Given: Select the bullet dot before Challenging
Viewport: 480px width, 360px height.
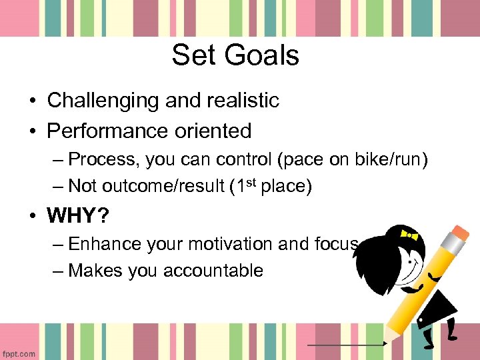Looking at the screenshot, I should [32, 101].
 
